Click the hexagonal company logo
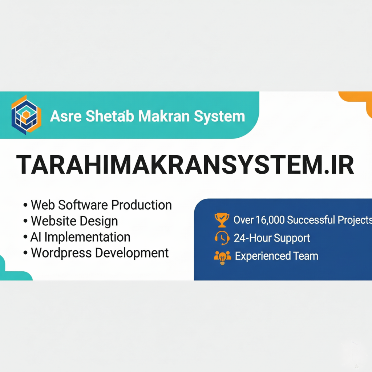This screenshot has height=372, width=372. [26, 115]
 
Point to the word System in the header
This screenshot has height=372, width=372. [219, 117]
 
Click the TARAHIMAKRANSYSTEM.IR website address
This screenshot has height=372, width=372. [185, 165]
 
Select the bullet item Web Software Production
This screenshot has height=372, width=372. [101, 205]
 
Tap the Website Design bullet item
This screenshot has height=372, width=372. [74, 221]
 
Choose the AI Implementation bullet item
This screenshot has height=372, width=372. [80, 237]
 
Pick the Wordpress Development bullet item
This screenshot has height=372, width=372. [100, 253]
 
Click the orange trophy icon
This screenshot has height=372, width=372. [222, 220]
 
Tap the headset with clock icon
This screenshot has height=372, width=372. [222, 238]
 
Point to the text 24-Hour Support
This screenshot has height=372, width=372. [272, 238]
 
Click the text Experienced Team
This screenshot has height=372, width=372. [276, 256]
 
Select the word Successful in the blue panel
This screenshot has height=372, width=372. [311, 220]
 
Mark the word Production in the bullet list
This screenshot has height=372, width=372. [142, 205]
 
